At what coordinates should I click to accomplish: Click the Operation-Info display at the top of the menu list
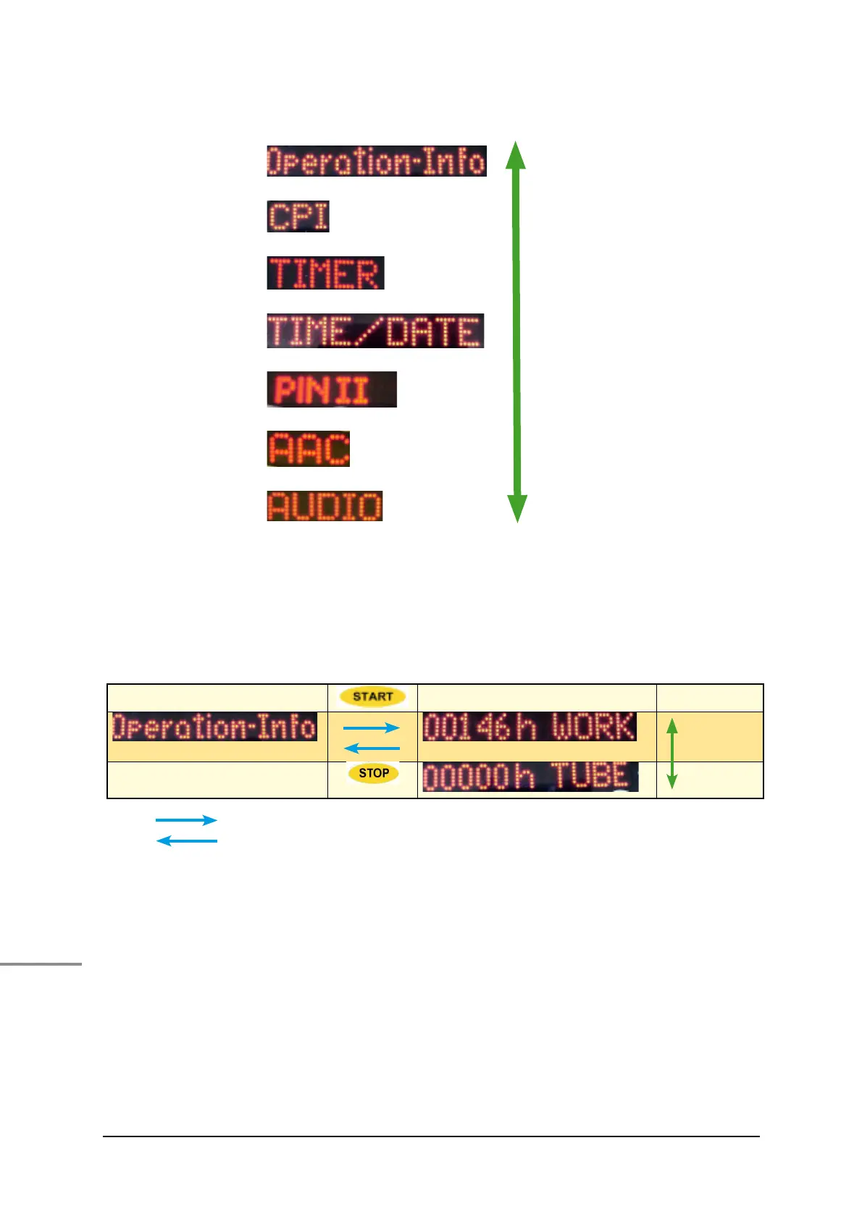coord(377,161)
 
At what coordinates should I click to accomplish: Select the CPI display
coord(298,216)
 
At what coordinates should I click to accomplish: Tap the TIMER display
coord(325,273)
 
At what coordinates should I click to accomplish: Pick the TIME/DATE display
coord(375,331)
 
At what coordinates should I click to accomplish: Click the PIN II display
coord(332,389)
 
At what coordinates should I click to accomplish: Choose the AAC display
coord(309,449)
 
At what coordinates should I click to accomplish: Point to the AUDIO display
coord(325,506)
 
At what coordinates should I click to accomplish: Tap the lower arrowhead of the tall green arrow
coord(516,508)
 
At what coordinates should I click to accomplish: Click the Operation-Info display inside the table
coord(214,727)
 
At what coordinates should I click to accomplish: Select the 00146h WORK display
coord(530,727)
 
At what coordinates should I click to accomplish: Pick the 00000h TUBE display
coord(530,777)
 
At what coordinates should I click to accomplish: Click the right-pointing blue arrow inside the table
coord(371,728)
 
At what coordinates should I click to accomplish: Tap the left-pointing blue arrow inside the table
coord(371,748)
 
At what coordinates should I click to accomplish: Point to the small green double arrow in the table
coord(671,754)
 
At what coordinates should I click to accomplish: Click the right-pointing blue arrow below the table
coord(186,820)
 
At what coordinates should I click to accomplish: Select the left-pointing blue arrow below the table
coord(186,841)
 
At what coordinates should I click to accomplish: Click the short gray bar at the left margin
coord(41,964)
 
